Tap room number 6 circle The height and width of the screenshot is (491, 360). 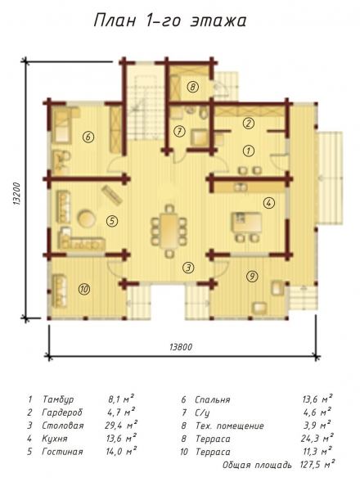(88, 137)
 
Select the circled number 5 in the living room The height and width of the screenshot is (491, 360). (112, 221)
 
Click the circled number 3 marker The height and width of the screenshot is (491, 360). (188, 268)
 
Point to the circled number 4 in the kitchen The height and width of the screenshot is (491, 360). (268, 203)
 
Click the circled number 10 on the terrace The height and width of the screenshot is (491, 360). (84, 289)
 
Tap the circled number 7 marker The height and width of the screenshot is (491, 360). (179, 132)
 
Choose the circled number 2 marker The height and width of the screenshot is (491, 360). (249, 123)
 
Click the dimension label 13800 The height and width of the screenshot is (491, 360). (181, 347)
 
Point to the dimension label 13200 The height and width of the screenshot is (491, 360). (16, 194)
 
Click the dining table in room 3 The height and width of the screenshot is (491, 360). (169, 231)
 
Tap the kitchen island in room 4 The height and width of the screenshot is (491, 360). (246, 223)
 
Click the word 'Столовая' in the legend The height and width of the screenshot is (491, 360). (63, 426)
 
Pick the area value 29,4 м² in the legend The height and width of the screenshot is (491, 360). (121, 425)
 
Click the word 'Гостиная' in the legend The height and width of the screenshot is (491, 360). (62, 452)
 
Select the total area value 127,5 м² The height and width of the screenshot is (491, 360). (317, 464)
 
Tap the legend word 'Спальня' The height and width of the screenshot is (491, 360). (212, 400)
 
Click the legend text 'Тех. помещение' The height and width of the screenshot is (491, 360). (229, 426)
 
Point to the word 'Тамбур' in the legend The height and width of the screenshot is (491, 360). (58, 399)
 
